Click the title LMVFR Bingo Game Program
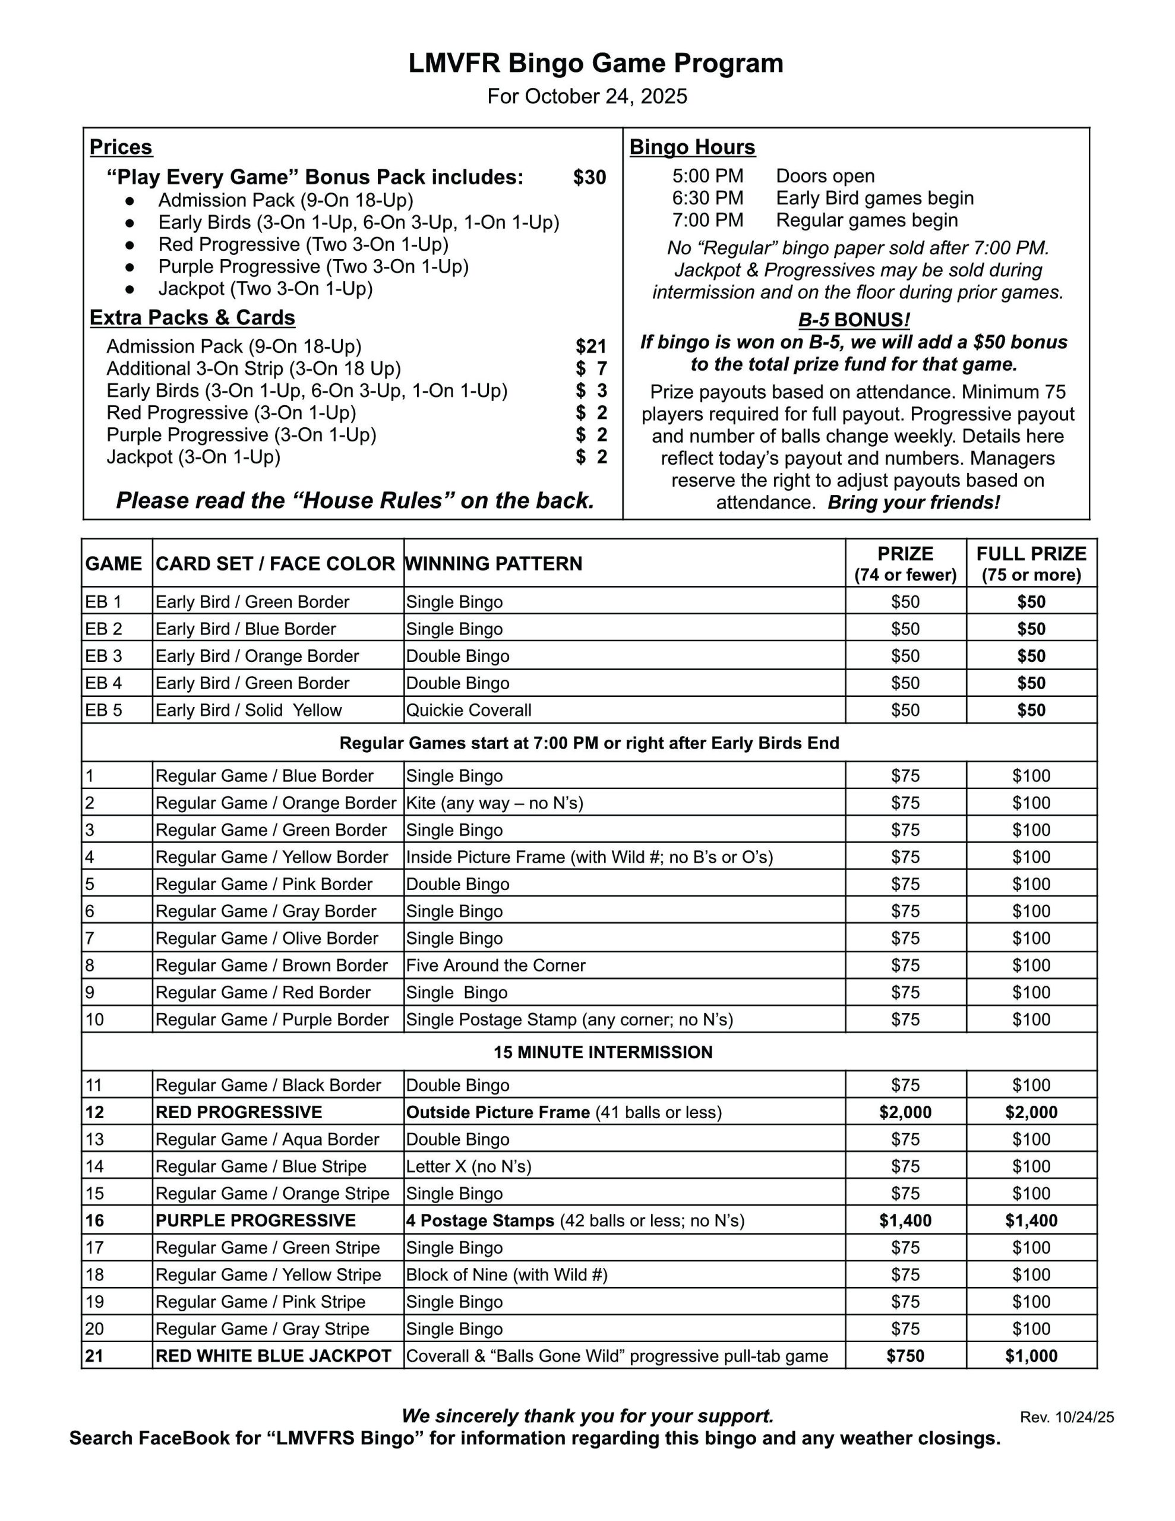point(595,64)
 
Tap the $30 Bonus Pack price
point(589,178)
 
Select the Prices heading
point(121,147)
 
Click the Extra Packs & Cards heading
point(192,318)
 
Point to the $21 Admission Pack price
point(590,346)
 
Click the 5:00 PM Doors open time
point(707,176)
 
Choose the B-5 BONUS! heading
point(854,320)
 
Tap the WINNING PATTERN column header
point(494,563)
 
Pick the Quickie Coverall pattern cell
point(469,711)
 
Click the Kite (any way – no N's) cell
point(494,803)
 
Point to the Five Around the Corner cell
point(496,965)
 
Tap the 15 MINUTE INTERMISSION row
point(603,1052)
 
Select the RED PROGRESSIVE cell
point(239,1112)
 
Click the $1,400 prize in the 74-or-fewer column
point(905,1220)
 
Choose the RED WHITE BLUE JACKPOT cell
point(274,1356)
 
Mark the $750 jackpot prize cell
point(905,1356)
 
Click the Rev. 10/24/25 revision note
point(1066,1417)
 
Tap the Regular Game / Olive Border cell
point(267,938)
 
